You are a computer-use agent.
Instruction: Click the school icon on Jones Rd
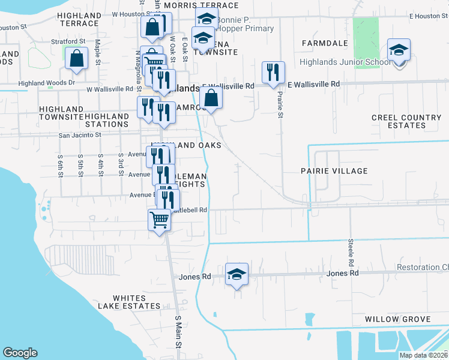pos(237,275)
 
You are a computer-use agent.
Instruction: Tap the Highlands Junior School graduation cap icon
pos(398,50)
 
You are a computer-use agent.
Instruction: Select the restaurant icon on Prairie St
pos(273,72)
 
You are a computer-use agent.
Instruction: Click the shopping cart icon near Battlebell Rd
pos(159,220)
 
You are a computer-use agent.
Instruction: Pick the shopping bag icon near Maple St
pos(76,59)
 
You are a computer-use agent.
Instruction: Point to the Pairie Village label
pos(334,171)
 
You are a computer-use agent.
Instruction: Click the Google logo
pos(20,353)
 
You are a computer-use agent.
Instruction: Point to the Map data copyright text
pos(423,355)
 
